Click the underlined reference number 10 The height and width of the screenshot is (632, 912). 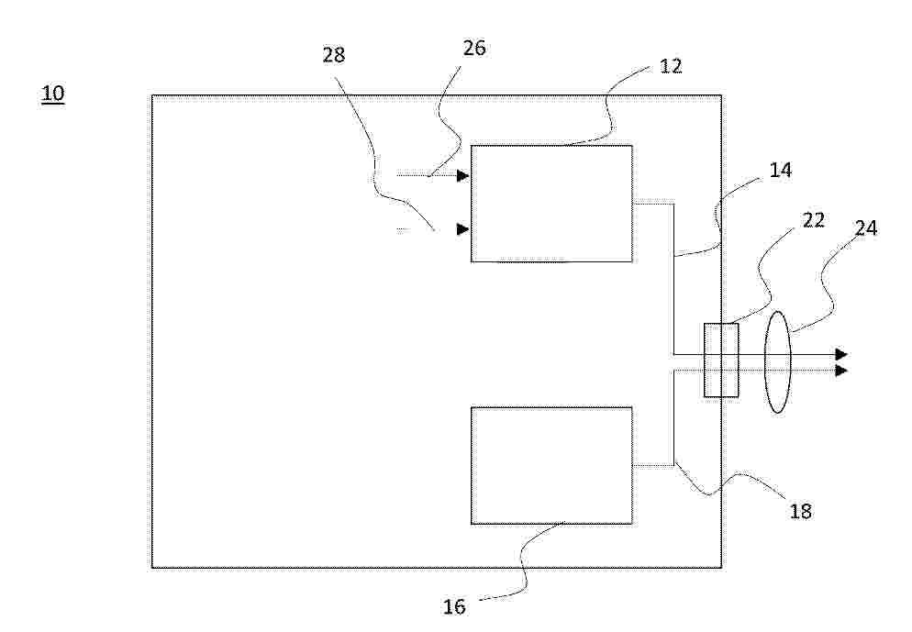(53, 94)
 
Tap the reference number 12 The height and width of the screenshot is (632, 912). (671, 66)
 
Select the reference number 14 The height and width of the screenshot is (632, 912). (781, 170)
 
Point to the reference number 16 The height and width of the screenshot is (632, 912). (454, 607)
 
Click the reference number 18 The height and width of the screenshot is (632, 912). (800, 511)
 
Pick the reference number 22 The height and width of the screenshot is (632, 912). (814, 220)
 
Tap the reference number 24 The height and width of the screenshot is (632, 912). (865, 228)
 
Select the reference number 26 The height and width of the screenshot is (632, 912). (474, 49)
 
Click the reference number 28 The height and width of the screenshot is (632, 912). (334, 55)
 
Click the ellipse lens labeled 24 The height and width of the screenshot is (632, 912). (765, 361)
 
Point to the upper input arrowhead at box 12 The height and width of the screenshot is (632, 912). (463, 175)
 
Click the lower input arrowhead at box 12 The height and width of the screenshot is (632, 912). (463, 229)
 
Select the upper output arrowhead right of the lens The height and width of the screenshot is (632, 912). (841, 354)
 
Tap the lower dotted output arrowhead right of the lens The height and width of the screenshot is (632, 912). (841, 371)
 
